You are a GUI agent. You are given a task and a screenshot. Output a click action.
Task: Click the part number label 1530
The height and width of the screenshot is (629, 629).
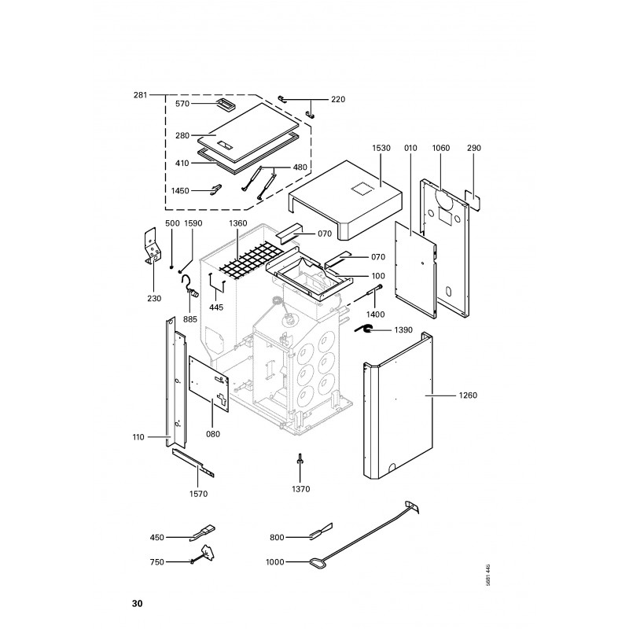pyautogui.click(x=381, y=148)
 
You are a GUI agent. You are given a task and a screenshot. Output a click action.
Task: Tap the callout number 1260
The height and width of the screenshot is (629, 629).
pyautogui.click(x=468, y=395)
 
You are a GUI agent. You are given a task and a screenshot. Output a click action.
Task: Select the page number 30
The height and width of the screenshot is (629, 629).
pyautogui.click(x=137, y=603)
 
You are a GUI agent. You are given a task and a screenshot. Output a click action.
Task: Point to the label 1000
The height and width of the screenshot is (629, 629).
pyautogui.click(x=274, y=562)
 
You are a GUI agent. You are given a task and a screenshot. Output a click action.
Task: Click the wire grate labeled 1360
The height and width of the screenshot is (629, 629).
pyautogui.click(x=252, y=259)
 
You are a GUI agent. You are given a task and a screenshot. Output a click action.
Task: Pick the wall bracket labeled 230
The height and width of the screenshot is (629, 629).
pyautogui.click(x=153, y=246)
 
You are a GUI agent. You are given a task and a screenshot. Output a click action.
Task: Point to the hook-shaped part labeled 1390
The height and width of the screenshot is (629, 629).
pyautogui.click(x=364, y=329)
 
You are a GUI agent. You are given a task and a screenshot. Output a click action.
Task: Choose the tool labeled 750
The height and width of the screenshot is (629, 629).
pyautogui.click(x=204, y=556)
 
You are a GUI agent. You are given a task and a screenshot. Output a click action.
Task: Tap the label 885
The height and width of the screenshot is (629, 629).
pyautogui.click(x=190, y=319)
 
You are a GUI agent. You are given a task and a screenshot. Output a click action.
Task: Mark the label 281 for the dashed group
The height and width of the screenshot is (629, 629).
pyautogui.click(x=141, y=95)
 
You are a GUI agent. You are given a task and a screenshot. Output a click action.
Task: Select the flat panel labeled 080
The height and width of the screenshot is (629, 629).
pyautogui.click(x=209, y=382)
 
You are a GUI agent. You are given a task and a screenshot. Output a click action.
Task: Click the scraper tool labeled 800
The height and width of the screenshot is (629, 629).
pyautogui.click(x=321, y=531)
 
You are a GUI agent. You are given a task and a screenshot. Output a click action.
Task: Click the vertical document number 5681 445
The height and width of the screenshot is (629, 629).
pyautogui.click(x=487, y=576)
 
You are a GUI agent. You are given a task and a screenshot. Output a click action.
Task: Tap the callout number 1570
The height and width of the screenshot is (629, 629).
pyautogui.click(x=199, y=494)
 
